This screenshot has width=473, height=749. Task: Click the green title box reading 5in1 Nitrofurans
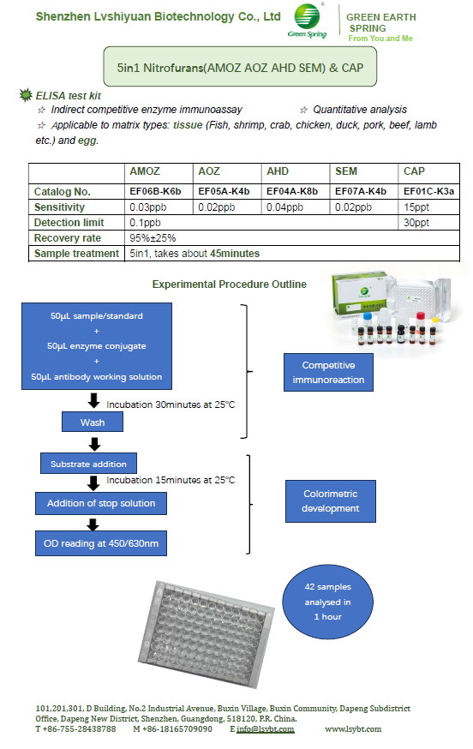(x=240, y=67)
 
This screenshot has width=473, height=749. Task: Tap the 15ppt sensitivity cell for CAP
(x=428, y=207)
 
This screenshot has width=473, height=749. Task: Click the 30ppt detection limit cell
(x=428, y=223)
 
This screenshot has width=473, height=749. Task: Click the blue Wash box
(x=93, y=422)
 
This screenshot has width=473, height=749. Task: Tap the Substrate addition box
(x=88, y=464)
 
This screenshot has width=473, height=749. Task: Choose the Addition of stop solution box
(x=101, y=503)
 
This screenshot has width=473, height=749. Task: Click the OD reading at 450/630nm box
(x=101, y=543)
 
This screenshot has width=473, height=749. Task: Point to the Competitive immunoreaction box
(x=328, y=373)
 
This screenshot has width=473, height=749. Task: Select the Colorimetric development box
(x=330, y=501)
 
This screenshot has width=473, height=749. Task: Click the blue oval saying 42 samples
(x=327, y=602)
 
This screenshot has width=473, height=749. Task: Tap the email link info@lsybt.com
(x=265, y=729)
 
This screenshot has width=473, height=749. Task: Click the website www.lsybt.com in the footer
(x=353, y=729)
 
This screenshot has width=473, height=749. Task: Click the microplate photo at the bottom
(x=207, y=634)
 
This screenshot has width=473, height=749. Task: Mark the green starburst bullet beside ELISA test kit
(x=26, y=95)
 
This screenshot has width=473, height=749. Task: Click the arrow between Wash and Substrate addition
(x=94, y=444)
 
